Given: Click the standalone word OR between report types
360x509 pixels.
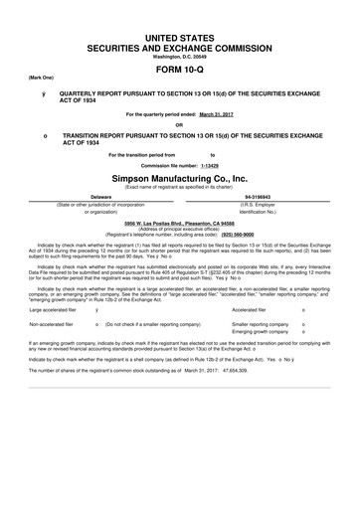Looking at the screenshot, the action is click(x=180, y=125).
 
